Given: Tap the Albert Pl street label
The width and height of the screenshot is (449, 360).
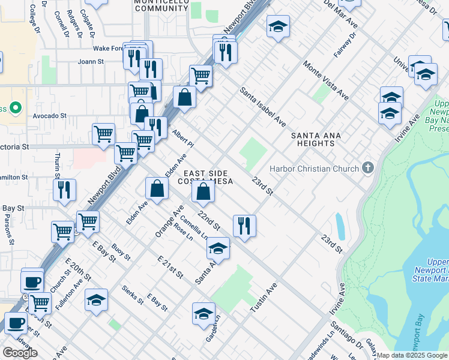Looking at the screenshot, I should point(183,139).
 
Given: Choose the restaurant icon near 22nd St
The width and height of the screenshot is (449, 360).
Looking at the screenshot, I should point(244,226).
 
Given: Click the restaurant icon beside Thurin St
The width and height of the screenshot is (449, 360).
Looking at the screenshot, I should point(64,190).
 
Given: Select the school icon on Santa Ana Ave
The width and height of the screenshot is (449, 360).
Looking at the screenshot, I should point(218,248).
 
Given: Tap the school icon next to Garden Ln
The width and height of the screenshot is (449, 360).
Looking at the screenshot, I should point(203,313).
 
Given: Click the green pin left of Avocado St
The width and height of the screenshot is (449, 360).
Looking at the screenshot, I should point(16,109).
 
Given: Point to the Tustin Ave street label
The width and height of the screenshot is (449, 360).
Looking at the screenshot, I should point(262,298).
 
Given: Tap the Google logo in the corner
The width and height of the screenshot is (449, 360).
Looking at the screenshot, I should point(20,352).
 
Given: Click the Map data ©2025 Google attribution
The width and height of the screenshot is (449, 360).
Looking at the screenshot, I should point(412,356).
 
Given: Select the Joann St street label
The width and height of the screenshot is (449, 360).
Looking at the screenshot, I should point(91,61).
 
